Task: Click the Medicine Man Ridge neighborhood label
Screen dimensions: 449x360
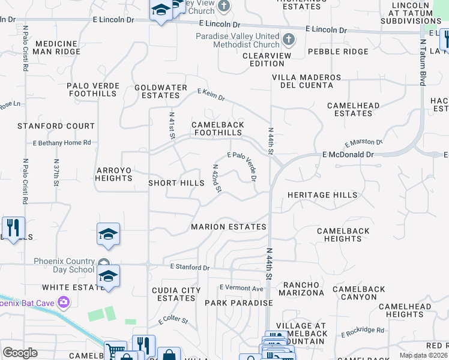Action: [x=56, y=48]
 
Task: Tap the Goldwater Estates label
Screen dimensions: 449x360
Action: [x=161, y=91]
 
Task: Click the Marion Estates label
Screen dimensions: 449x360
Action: [x=229, y=227]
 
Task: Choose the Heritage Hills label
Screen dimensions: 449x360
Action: [x=322, y=195]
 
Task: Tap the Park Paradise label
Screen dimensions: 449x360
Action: [x=239, y=303]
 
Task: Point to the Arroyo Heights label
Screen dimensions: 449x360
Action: [x=113, y=174]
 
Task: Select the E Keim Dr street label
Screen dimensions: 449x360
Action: [x=211, y=94]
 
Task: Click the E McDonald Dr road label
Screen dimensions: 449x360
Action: [x=348, y=154]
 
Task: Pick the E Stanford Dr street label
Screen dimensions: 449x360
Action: [x=190, y=266]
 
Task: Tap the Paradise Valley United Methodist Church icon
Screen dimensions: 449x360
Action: [x=289, y=40]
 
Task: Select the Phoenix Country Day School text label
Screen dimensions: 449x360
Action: [x=64, y=265]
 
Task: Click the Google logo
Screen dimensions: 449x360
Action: [x=20, y=353]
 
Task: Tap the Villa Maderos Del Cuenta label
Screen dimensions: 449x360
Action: [x=306, y=82]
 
